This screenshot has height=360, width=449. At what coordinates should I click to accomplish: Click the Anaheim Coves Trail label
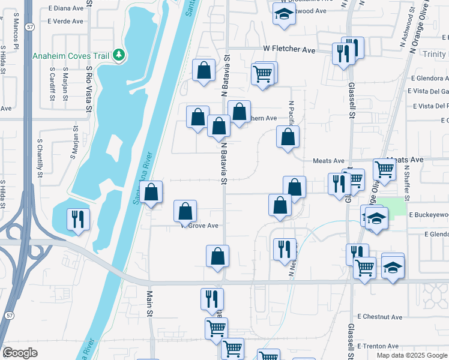(71, 56)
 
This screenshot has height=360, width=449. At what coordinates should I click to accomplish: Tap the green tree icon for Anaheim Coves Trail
(119, 56)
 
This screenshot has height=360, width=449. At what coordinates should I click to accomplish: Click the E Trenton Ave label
(378, 346)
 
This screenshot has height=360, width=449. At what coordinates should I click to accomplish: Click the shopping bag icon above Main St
(152, 193)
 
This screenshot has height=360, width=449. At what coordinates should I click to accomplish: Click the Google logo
(20, 353)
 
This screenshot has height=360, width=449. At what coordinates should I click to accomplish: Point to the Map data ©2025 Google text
(412, 355)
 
